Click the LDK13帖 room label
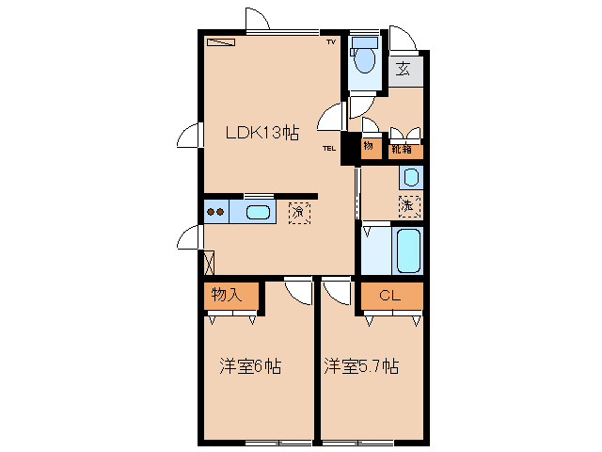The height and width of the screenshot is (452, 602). [x=261, y=133]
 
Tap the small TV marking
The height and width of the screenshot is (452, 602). [x=330, y=43]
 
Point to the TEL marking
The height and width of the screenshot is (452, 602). [x=329, y=148]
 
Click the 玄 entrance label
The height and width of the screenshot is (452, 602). [x=403, y=69]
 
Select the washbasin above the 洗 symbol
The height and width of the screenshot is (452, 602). [x=410, y=176]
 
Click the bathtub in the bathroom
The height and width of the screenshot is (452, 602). [x=408, y=250]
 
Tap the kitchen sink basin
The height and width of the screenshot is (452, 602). [x=258, y=212]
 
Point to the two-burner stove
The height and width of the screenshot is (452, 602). [x=215, y=212]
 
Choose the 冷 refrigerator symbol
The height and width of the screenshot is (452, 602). [x=299, y=212]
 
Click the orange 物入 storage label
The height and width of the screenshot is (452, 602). [x=228, y=295]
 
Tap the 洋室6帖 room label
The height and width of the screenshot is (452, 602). [x=251, y=365]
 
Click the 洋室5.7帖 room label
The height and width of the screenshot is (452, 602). [x=361, y=365]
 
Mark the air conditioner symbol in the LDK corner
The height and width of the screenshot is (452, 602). [x=222, y=41]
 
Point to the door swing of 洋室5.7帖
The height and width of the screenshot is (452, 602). [x=333, y=292]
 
